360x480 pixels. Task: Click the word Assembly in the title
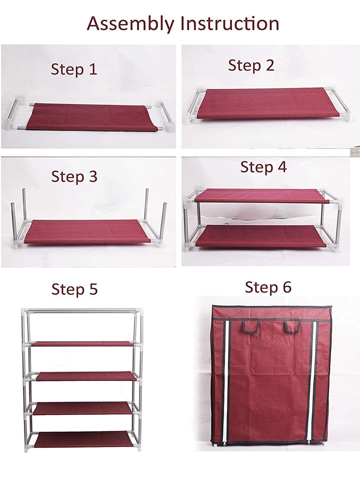tap(131, 23)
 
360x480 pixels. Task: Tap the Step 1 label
tap(74, 69)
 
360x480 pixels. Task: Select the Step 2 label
tap(251, 65)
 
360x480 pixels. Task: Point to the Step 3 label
tap(74, 176)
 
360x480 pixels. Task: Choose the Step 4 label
tap(263, 167)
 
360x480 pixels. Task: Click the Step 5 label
tap(74, 289)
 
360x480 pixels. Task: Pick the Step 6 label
tap(268, 287)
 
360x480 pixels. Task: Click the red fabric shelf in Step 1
tap(92, 117)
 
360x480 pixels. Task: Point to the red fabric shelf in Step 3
tap(87, 231)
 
